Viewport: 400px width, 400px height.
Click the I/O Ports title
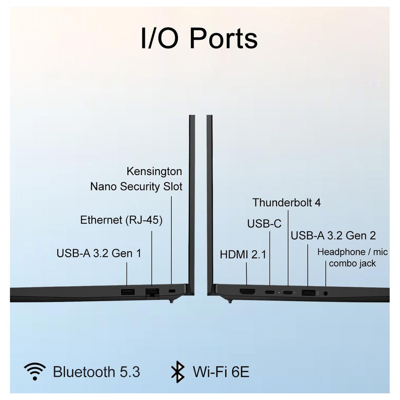199,39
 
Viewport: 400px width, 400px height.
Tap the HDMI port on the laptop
247,291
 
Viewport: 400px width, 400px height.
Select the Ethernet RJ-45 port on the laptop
152,292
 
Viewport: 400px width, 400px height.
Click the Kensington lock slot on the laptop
172,291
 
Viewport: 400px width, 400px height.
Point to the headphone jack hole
325,293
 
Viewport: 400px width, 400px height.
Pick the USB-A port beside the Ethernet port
128,291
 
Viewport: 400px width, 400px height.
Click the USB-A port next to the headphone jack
309,293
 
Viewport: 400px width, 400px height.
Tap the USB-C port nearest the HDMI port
270,292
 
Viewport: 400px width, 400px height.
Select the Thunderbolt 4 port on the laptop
288,293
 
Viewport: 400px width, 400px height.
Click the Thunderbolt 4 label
286,203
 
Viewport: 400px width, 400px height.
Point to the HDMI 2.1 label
243,254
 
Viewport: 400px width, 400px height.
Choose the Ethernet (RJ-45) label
121,220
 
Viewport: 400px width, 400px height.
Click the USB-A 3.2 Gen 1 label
99,253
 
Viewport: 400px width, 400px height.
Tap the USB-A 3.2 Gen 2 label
333,236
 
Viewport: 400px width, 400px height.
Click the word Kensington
154,171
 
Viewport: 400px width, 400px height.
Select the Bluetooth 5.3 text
96,372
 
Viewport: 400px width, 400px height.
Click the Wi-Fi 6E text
221,372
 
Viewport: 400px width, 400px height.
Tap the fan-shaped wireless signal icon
35,371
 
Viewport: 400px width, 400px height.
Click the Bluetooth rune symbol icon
178,372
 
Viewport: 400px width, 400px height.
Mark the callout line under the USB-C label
270,258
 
